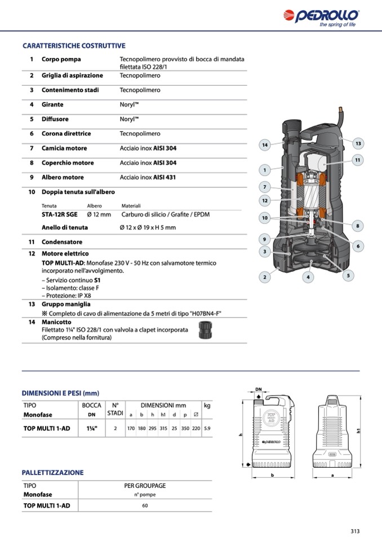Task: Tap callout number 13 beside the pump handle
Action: [x=357, y=143]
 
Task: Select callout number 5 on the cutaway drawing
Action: [x=348, y=275]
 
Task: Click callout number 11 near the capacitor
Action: [x=357, y=161]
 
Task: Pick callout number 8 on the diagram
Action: [x=357, y=226]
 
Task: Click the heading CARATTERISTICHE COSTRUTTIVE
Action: [x=74, y=46]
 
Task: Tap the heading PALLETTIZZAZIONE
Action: [x=52, y=472]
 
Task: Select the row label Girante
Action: [x=52, y=104]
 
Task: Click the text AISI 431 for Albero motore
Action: [x=165, y=177]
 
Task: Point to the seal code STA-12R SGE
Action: [x=60, y=214]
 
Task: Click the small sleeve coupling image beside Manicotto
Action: [x=205, y=332]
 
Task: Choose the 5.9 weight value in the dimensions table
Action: [x=207, y=429]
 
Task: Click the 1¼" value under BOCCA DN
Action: [x=91, y=429]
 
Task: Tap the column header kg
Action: [x=207, y=406]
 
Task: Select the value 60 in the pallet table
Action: [x=145, y=505]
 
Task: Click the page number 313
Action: [x=354, y=531]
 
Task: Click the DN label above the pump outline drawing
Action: [x=259, y=390]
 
